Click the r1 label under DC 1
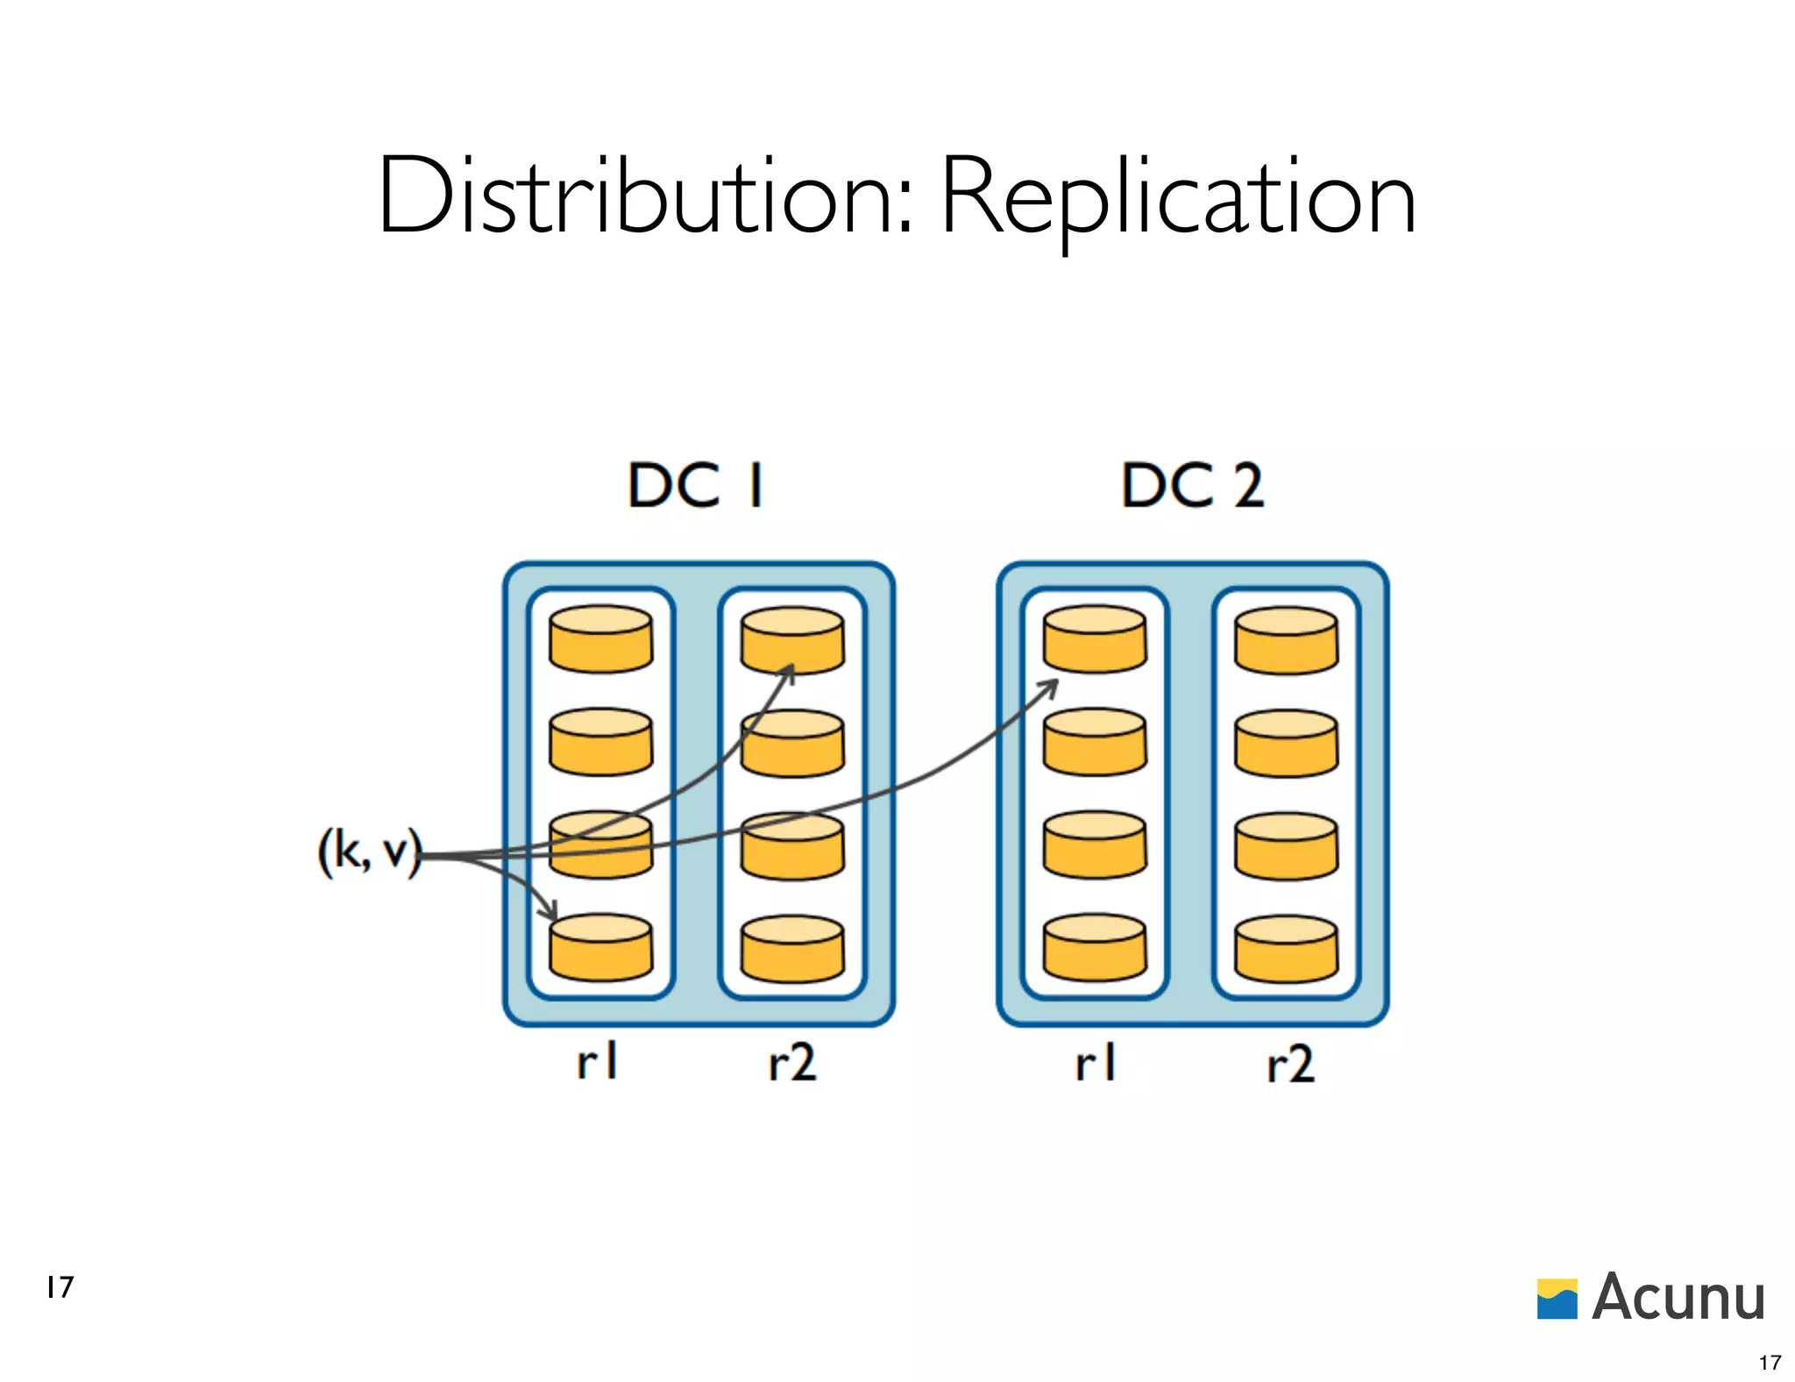[597, 1062]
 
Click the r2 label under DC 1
[791, 1062]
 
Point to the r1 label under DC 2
[1095, 1062]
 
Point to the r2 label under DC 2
[1290, 1062]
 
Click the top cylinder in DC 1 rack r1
[600, 639]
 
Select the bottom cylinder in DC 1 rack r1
[600, 948]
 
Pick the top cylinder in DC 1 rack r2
[791, 639]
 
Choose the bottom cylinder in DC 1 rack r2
[791, 949]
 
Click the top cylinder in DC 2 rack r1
[1094, 639]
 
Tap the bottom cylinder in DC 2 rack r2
[1286, 949]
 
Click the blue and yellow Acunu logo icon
[1557, 1299]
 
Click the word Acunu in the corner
[1678, 1297]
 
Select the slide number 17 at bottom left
[60, 1286]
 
